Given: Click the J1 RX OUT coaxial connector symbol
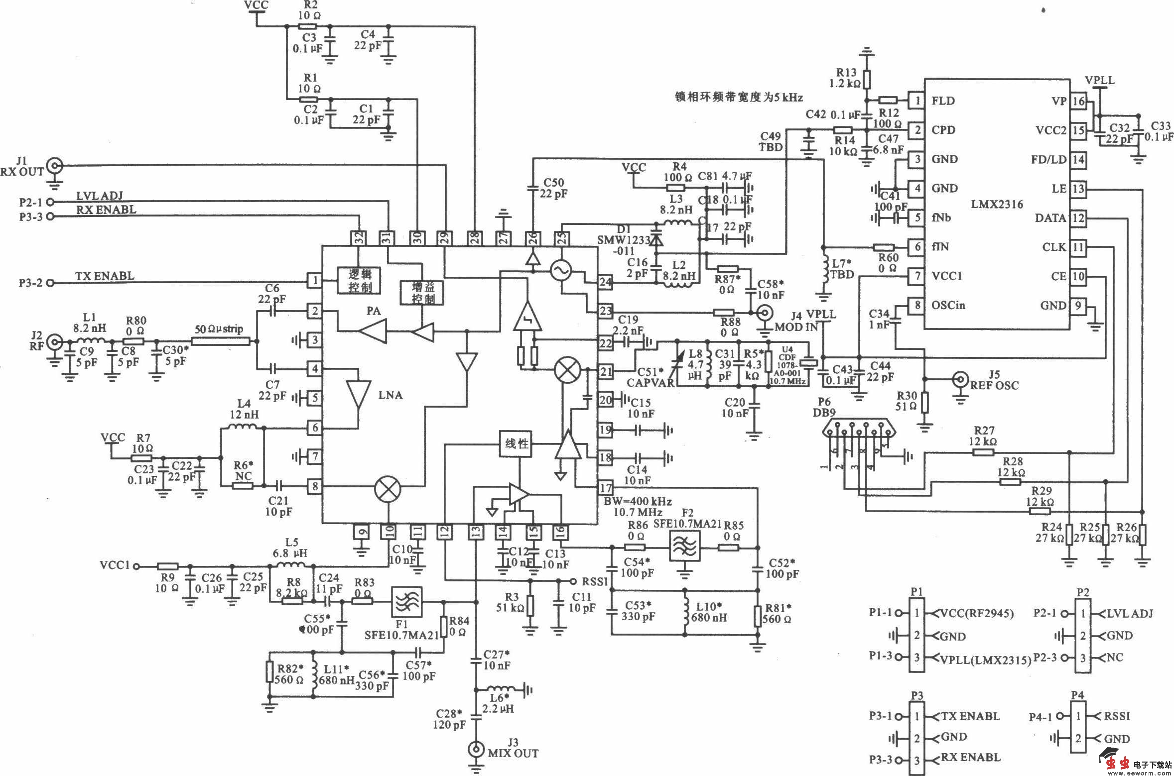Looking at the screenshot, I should click(x=54, y=165).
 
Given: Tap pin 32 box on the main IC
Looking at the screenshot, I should click(x=358, y=238).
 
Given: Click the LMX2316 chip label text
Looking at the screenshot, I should click(x=997, y=204).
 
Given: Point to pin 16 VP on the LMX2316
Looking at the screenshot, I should click(x=1078, y=101).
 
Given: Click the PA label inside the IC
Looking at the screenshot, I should click(x=373, y=311).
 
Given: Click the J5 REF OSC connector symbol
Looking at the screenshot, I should click(x=960, y=379).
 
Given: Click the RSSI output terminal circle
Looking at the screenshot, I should click(x=572, y=581).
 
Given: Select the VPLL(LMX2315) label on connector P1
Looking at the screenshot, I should click(x=986, y=660).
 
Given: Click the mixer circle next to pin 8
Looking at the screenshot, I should click(x=388, y=487).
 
